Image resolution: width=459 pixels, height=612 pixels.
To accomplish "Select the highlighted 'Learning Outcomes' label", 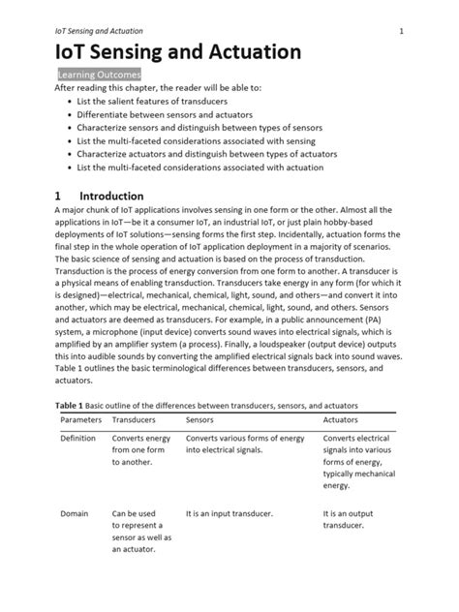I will click(99, 75).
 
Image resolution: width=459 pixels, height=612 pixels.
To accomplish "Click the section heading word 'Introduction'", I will click(111, 196).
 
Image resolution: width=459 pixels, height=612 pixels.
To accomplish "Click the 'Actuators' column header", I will click(340, 421).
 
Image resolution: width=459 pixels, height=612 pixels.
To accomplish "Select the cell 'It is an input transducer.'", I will click(229, 512).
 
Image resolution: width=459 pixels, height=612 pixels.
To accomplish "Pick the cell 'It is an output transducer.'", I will click(348, 519).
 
